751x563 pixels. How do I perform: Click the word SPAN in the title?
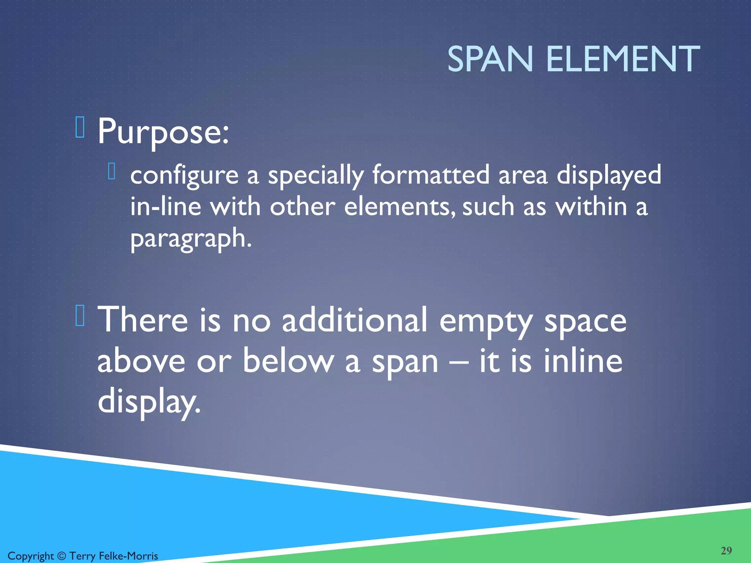click(x=490, y=59)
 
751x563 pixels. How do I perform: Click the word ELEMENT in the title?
click(x=623, y=59)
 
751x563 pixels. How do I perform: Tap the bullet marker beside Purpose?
click(x=80, y=127)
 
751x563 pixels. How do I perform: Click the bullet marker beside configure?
click(x=112, y=171)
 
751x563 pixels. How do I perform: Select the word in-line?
click(x=166, y=206)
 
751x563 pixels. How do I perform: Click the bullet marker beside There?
click(x=80, y=316)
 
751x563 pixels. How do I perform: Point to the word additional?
click(x=355, y=320)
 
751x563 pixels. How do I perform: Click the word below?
click(x=288, y=361)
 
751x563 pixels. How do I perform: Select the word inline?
click(x=583, y=361)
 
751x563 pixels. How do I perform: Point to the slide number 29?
click(x=726, y=551)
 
